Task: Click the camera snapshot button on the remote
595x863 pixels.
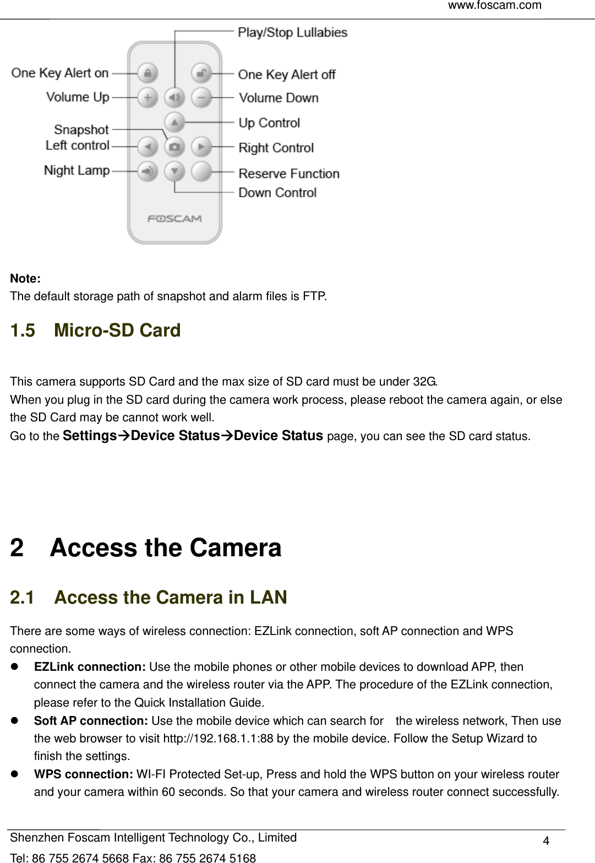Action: (x=174, y=147)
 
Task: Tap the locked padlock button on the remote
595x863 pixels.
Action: (x=147, y=73)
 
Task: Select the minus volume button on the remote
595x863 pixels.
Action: (x=201, y=97)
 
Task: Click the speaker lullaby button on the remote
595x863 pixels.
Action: (x=174, y=97)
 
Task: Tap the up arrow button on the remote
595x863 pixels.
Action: (x=174, y=122)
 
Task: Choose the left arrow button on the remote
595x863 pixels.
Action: (x=147, y=147)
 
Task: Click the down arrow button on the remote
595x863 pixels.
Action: (x=174, y=171)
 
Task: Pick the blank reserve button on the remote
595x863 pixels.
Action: (x=201, y=171)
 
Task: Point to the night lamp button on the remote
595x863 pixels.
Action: (x=147, y=171)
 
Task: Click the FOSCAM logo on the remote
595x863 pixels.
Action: (x=174, y=219)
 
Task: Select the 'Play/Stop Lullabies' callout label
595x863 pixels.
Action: (x=292, y=32)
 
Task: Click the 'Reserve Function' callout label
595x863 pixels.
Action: (x=289, y=173)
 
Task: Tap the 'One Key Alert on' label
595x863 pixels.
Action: (x=60, y=73)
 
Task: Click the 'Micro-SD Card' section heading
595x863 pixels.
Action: (x=117, y=330)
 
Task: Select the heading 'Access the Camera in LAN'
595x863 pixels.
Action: (x=171, y=598)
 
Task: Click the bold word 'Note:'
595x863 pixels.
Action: (x=25, y=279)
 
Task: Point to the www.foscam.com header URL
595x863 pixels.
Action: (x=494, y=6)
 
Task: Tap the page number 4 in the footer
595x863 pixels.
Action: (x=546, y=840)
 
